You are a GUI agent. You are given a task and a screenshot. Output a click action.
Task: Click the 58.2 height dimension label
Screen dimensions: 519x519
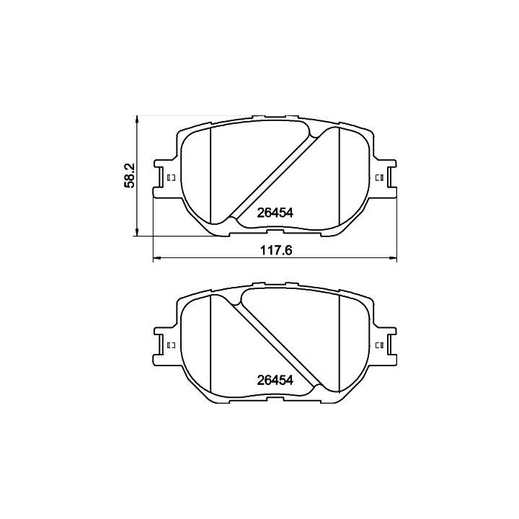pos(130,175)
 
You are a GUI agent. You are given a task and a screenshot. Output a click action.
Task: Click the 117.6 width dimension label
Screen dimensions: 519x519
pos(276,250)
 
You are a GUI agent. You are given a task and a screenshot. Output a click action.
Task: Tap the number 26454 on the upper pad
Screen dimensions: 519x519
pos(275,213)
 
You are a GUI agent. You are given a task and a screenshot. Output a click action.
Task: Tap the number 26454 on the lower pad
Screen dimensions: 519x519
pos(275,381)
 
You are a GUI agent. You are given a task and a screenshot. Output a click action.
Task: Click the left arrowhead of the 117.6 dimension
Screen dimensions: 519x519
pos(157,257)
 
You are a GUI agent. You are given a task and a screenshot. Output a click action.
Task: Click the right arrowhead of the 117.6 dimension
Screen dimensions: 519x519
pos(392,257)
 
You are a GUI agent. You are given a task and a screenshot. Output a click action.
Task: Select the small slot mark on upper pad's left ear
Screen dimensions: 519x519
pos(172,178)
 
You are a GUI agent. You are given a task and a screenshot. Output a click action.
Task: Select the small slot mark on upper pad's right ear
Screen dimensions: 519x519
pos(379,178)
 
